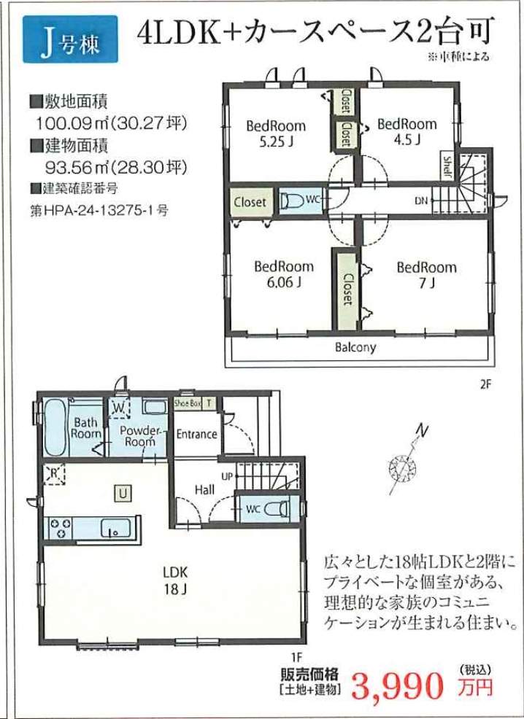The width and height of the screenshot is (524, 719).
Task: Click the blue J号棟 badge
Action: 70,39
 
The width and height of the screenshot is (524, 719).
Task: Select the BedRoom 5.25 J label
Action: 276,133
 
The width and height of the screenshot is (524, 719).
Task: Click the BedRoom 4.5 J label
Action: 407,131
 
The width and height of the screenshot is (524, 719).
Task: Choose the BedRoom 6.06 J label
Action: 284,273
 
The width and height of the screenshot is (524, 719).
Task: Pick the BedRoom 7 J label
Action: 427,275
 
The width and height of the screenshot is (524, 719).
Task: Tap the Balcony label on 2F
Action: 355,347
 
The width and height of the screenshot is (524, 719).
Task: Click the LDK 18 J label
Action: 175,580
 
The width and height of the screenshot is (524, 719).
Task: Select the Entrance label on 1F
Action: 197,434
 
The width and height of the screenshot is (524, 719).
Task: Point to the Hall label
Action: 204,490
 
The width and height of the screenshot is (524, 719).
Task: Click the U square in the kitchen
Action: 123,494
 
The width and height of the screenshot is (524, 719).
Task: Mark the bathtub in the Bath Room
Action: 55,427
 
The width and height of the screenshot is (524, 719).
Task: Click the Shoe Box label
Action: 188,403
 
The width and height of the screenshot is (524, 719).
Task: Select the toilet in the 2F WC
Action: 293,201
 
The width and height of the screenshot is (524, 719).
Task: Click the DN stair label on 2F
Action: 421,201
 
